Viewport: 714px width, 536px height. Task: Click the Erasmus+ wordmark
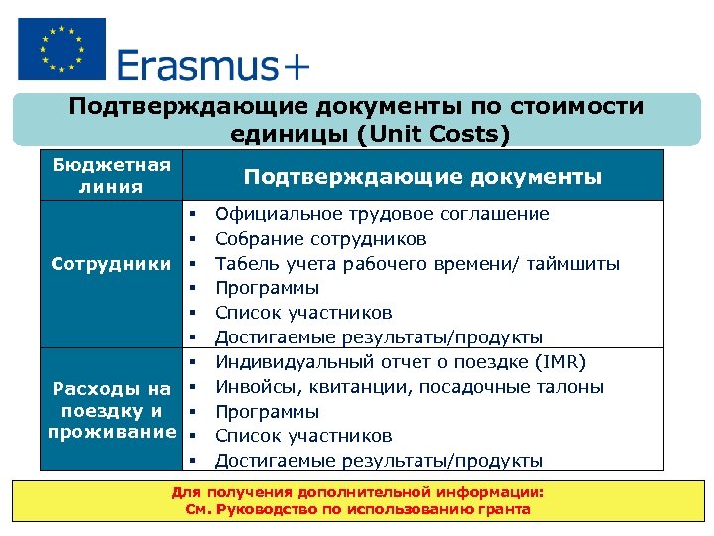[x=213, y=67]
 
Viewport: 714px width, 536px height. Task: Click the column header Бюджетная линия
[x=111, y=175]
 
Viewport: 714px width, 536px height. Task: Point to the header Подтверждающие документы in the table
[x=422, y=177]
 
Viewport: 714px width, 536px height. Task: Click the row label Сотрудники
[x=111, y=264]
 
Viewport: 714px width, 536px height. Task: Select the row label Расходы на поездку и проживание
[x=111, y=411]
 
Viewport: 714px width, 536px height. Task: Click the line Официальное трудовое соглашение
[x=382, y=214]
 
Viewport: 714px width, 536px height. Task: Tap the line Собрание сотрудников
[x=320, y=239]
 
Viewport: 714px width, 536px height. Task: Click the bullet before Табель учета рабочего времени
[x=194, y=264]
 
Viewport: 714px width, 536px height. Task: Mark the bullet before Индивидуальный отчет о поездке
[x=194, y=362]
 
